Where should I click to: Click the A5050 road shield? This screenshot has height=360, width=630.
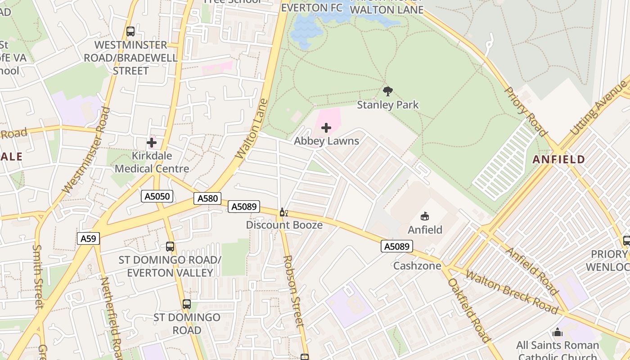pos(157,196)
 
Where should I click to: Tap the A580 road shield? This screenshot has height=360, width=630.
pos(207,198)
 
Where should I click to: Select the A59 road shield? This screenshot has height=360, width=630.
pos(88,238)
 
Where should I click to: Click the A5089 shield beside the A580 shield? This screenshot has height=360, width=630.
pos(244,207)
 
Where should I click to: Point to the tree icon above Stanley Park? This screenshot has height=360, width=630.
pos(387,91)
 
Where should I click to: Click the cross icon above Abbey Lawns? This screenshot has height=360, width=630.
pos(326,128)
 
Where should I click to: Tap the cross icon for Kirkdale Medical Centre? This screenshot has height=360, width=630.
pos(152,143)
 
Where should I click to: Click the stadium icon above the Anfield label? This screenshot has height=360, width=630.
pos(425,216)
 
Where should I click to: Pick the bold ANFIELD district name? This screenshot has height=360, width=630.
pos(559,159)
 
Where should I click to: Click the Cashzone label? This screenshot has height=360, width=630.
pos(417,265)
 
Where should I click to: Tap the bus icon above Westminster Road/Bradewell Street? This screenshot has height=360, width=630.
pos(130,31)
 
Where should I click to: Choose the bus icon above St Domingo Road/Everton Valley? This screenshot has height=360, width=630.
pos(170,247)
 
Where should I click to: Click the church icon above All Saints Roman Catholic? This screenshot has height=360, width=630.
pos(558,333)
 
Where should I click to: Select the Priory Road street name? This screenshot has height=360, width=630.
pos(525,111)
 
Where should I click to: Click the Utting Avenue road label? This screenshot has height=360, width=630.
pos(598,110)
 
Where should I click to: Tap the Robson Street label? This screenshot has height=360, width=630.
pos(293,290)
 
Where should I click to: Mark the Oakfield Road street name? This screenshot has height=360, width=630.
pos(468,310)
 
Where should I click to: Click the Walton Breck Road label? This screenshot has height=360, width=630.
pos(512,292)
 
